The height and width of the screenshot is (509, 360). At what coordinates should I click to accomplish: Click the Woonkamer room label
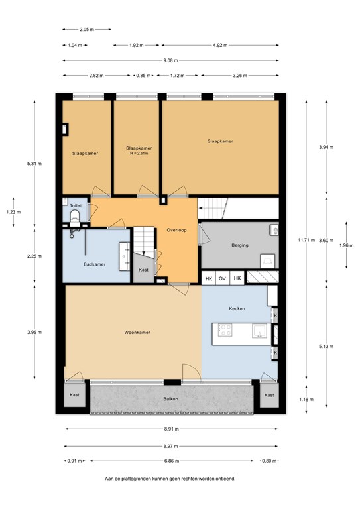[137, 333]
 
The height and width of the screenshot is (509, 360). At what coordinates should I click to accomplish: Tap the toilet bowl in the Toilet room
[75, 216]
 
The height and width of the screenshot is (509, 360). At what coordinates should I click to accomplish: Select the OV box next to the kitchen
[222, 278]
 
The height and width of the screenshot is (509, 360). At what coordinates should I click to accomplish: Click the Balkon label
[171, 399]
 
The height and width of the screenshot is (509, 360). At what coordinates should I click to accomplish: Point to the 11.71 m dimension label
[306, 240]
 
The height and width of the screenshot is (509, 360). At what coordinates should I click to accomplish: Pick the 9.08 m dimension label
[170, 60]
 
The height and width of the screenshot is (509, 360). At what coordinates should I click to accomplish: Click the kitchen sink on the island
[260, 331]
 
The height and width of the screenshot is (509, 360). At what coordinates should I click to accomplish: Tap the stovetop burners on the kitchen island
[225, 330]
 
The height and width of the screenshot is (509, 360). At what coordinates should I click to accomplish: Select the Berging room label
[240, 245]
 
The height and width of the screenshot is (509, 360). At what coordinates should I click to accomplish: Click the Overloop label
[176, 230]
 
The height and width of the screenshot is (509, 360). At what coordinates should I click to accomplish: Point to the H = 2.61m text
[139, 154]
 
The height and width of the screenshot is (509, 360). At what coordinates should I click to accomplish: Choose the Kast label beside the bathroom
[143, 270]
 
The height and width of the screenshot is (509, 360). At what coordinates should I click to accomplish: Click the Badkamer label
[94, 264]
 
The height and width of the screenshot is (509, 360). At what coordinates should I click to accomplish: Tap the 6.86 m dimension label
[172, 461]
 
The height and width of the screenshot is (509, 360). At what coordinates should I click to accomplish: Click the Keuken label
[237, 308]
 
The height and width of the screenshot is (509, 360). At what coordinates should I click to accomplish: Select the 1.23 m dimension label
[13, 212]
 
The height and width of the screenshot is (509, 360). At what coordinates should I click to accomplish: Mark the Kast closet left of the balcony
[74, 395]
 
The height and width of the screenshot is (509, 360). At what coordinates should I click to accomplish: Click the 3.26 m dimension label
[240, 76]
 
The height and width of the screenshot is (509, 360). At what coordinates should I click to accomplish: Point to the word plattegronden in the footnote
[135, 479]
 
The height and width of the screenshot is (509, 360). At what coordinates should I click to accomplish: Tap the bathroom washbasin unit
[125, 256]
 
